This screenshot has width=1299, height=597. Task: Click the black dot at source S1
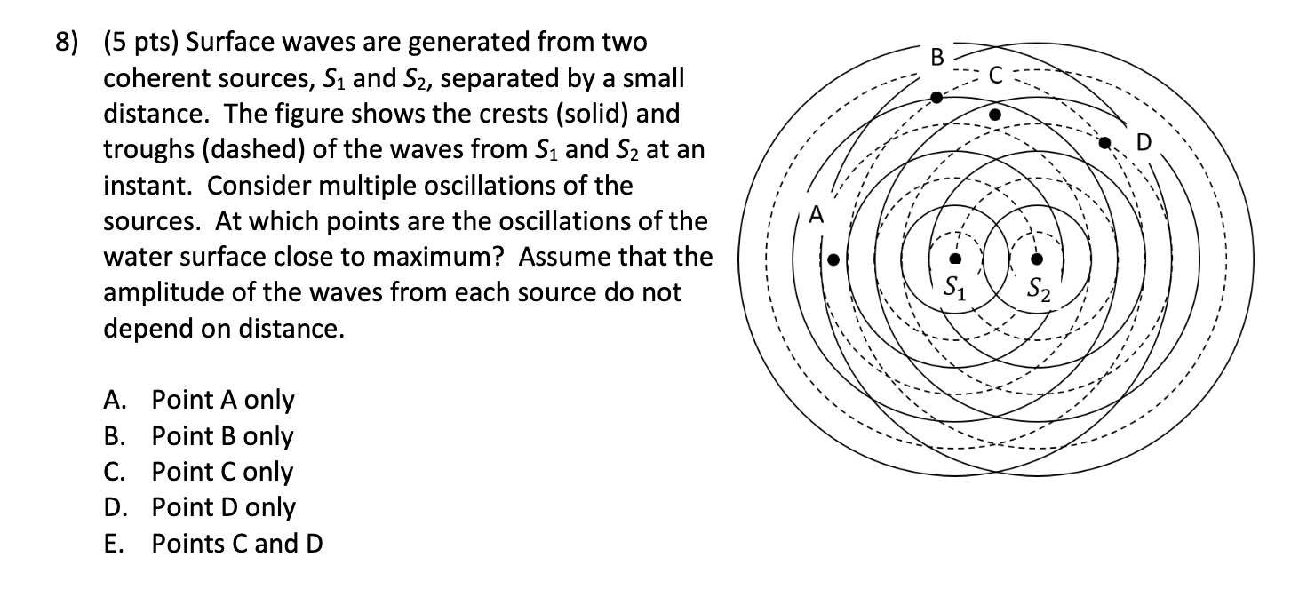tap(954, 259)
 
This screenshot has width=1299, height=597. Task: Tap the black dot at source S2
tap(1037, 259)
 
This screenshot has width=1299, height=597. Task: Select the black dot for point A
tap(833, 259)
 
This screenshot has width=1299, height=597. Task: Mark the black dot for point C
tap(995, 115)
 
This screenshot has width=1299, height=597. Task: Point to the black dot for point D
tap(1105, 142)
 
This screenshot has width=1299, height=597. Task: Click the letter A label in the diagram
tap(817, 214)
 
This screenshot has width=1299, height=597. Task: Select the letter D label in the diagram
tap(1144, 143)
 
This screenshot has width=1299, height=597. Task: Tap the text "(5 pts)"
tap(142, 42)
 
